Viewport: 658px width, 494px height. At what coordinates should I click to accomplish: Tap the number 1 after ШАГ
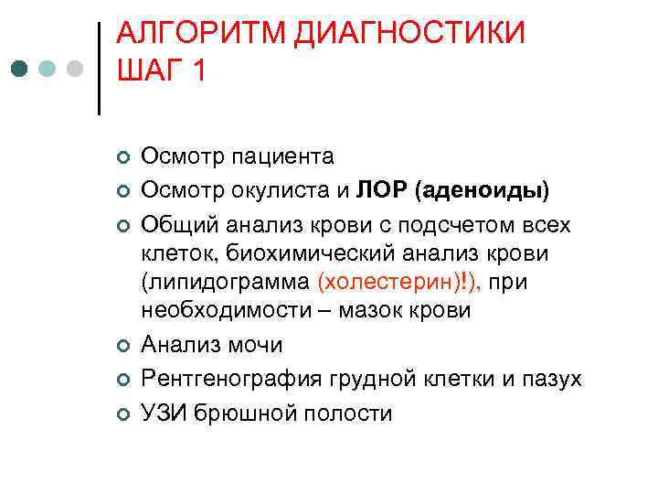click(198, 70)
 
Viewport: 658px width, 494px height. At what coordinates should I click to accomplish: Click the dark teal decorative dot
click(21, 69)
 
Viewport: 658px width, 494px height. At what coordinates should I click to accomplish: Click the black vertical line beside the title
click(99, 69)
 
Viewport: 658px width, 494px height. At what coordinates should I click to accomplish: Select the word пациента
click(283, 157)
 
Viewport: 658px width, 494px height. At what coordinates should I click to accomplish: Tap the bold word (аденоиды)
click(482, 189)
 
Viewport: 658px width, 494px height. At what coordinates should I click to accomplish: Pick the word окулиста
click(284, 189)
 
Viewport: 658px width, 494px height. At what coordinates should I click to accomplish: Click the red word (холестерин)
click(392, 283)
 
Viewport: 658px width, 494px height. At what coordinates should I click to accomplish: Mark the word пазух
click(552, 377)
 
